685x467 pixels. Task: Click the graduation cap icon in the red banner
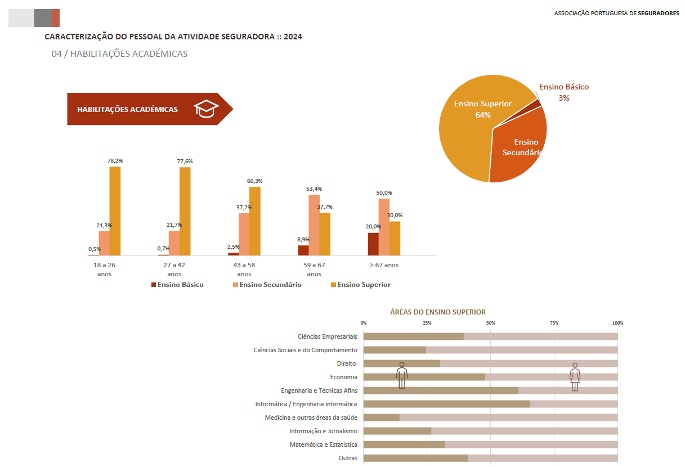(x=206, y=109)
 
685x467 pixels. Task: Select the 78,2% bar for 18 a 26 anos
(x=115, y=211)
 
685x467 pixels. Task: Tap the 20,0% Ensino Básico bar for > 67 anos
(x=373, y=244)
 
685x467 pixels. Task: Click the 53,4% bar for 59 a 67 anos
(x=314, y=225)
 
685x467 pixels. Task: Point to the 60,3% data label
(x=255, y=181)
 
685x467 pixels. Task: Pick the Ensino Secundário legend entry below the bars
(x=267, y=285)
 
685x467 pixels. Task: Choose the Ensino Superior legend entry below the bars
(x=361, y=285)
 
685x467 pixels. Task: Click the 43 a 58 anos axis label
(x=244, y=270)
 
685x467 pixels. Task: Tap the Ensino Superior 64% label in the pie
(x=482, y=109)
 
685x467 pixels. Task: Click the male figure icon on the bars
(x=402, y=375)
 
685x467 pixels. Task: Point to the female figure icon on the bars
(x=575, y=377)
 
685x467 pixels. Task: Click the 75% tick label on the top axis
(x=554, y=323)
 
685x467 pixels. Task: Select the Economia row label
(x=343, y=377)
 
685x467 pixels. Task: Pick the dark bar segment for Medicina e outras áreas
(x=381, y=417)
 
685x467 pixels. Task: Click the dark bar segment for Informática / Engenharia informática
(x=447, y=404)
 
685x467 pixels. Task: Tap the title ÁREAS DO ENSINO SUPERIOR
(x=437, y=312)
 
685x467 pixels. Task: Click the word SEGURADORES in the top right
(x=658, y=13)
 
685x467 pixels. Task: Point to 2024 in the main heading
(x=293, y=37)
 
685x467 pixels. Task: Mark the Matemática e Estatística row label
(x=323, y=444)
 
